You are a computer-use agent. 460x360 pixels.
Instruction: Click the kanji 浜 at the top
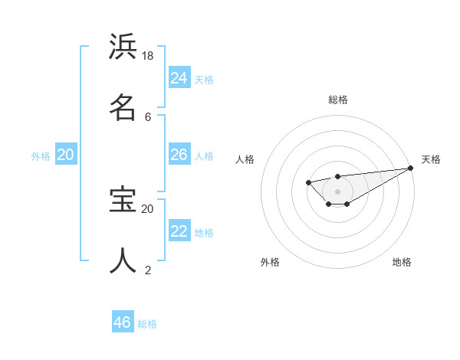click(123, 47)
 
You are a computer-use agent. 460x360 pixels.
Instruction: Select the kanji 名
click(123, 106)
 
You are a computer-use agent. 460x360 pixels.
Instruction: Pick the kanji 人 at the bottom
click(123, 260)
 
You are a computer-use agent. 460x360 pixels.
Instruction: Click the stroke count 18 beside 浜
click(148, 56)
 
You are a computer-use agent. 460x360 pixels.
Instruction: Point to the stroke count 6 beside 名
click(148, 116)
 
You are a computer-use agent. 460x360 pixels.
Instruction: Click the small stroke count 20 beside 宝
click(148, 208)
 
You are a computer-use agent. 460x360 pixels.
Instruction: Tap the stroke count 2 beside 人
click(148, 270)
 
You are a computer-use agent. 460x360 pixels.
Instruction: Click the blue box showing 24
click(179, 78)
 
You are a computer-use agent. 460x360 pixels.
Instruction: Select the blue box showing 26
click(179, 155)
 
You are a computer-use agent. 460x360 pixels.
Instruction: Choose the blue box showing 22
click(179, 231)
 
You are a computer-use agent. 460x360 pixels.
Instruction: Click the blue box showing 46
click(123, 322)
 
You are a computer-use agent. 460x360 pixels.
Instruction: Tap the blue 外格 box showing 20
click(66, 155)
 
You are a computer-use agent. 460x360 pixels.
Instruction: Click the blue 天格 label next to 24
click(204, 79)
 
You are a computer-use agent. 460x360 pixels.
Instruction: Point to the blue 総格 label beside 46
click(147, 324)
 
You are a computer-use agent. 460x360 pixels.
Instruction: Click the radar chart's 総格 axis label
click(338, 100)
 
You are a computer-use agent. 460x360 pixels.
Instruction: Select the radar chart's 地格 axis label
click(402, 262)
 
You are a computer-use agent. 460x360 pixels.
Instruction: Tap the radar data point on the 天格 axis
click(411, 168)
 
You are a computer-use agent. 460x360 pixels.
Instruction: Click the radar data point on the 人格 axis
click(308, 182)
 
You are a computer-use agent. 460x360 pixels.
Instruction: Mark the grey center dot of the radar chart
click(338, 191)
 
